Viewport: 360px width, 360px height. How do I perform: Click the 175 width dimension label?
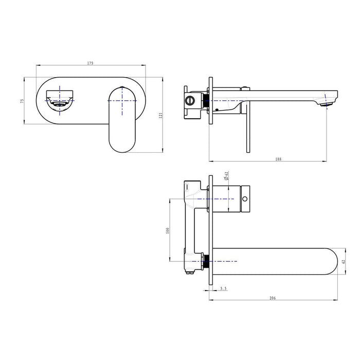click(90, 63)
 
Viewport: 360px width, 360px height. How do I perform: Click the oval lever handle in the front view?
click(122, 119)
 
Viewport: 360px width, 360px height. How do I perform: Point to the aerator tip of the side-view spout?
click(324, 104)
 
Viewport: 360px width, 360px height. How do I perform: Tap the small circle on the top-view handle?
click(245, 197)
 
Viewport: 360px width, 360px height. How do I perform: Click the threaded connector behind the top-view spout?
click(206, 262)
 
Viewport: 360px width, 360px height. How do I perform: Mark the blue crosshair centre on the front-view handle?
click(122, 100)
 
